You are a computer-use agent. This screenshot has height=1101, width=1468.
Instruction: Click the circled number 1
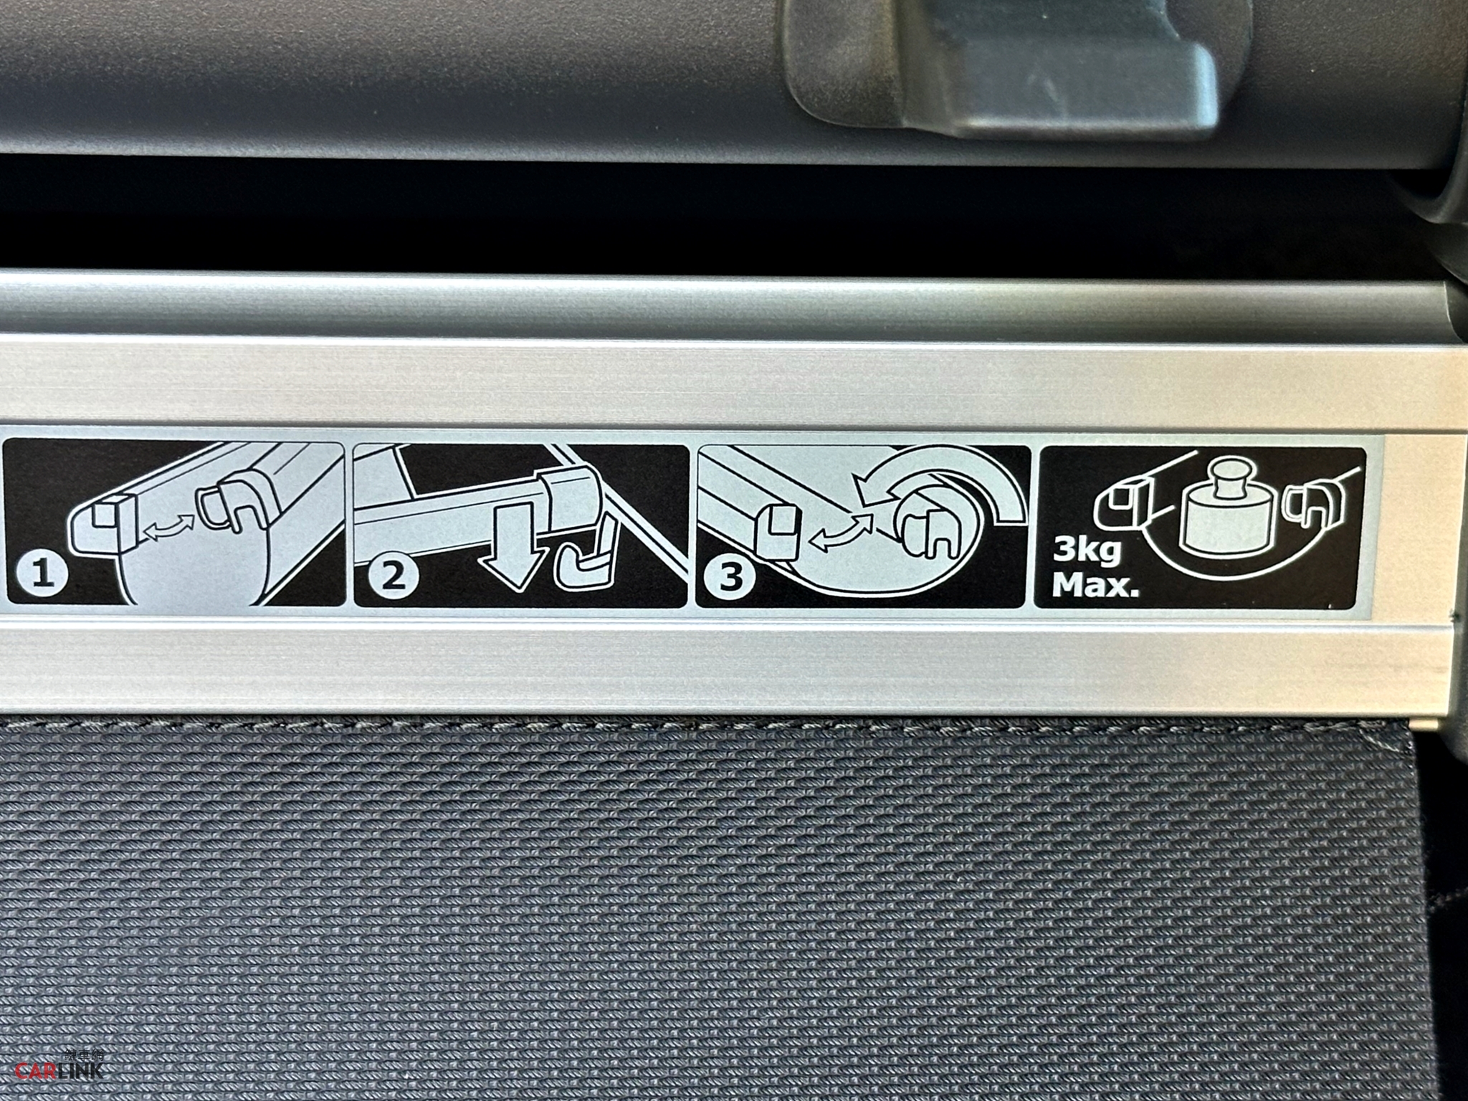click(x=43, y=576)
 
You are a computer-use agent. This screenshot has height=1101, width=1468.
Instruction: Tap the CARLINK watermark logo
click(x=60, y=1070)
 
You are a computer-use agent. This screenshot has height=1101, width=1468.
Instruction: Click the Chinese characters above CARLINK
click(x=83, y=1054)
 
